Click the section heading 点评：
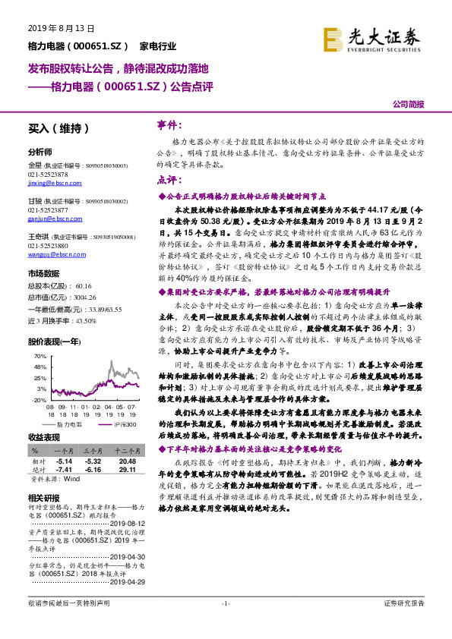169,181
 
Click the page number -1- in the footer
226,624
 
